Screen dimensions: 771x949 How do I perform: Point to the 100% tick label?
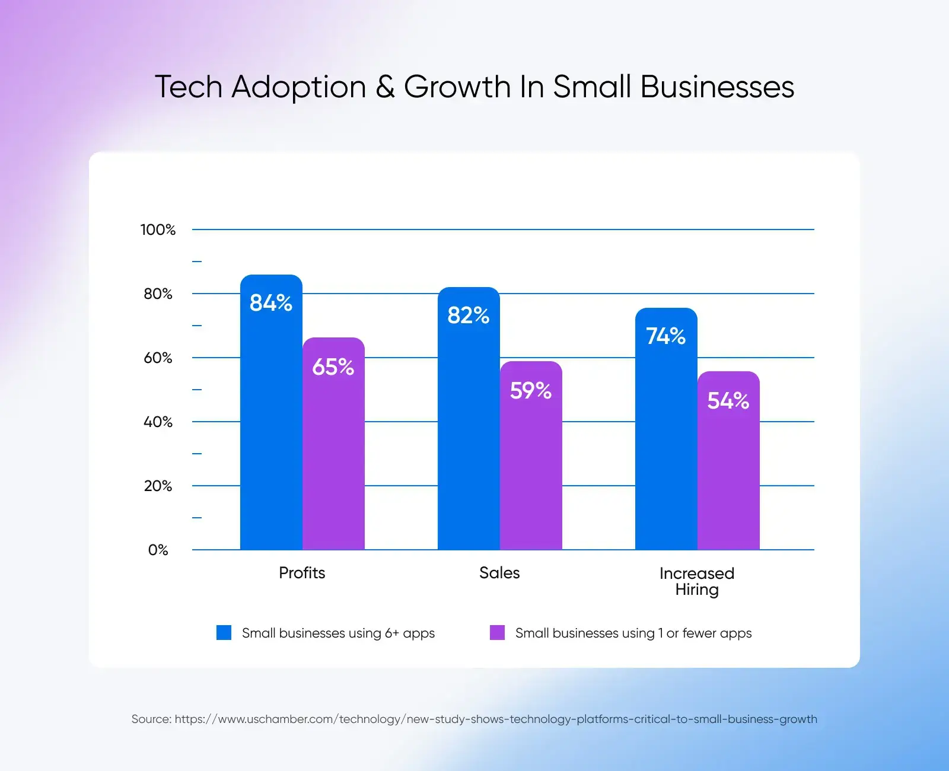click(x=158, y=230)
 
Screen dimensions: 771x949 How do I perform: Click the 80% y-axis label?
click(x=158, y=294)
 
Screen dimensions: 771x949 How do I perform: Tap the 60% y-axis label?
click(x=158, y=358)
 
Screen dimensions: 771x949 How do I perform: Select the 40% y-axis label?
click(x=158, y=422)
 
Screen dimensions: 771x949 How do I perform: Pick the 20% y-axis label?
click(x=158, y=486)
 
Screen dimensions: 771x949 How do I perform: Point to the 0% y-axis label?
click(x=158, y=550)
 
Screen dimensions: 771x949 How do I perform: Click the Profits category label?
click(x=302, y=573)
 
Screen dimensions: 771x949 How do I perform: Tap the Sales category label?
click(x=499, y=573)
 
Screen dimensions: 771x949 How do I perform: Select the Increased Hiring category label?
click(x=697, y=581)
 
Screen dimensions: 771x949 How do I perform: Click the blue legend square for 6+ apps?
click(x=224, y=633)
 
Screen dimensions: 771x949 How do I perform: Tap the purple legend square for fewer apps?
click(x=497, y=633)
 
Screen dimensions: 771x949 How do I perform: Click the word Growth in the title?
click(x=457, y=87)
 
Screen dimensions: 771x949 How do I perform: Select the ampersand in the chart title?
click(x=385, y=87)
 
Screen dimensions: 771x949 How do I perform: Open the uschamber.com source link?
click(x=495, y=719)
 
